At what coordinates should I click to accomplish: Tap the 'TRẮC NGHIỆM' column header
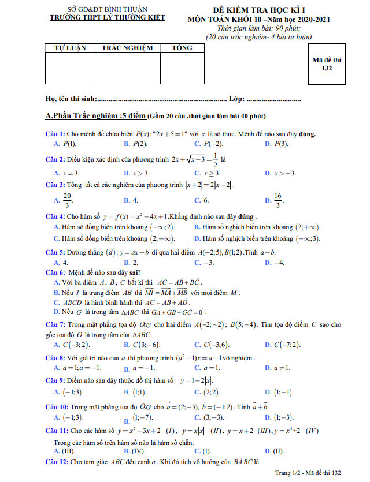click(x=127, y=48)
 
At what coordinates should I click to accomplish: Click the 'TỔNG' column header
click(x=182, y=48)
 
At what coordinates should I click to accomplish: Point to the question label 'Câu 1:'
click(x=55, y=134)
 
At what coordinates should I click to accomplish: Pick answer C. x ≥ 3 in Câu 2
click(x=208, y=173)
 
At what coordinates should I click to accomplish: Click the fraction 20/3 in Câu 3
click(x=67, y=200)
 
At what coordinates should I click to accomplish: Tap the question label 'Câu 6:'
click(x=56, y=273)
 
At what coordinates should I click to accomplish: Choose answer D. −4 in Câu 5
click(x=275, y=263)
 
